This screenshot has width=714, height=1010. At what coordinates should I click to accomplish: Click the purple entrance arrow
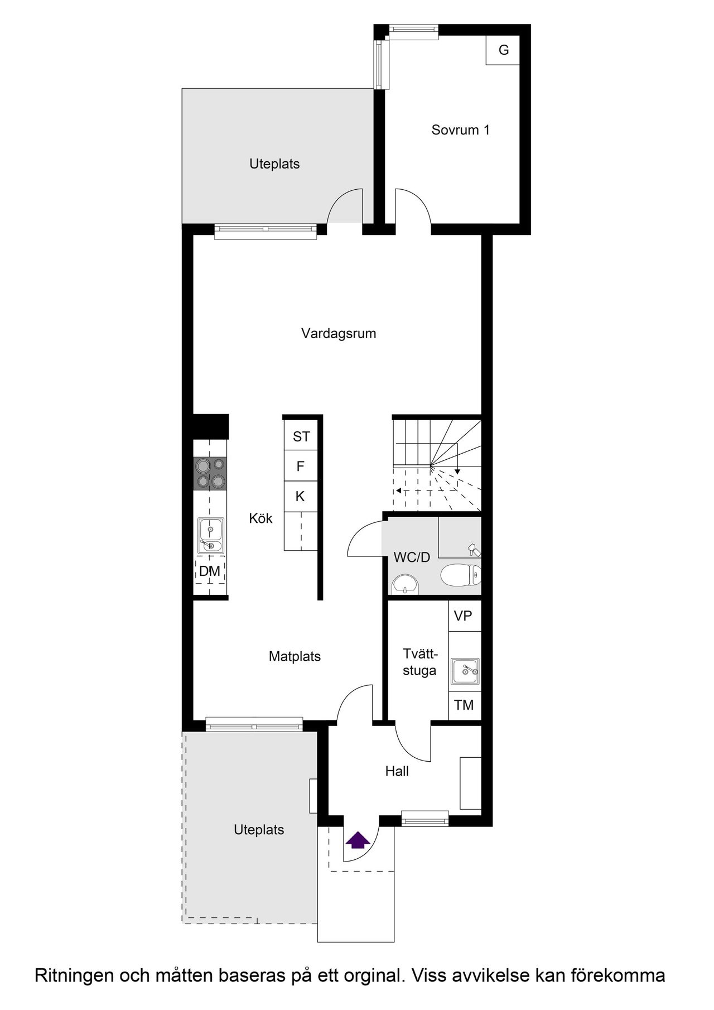358,840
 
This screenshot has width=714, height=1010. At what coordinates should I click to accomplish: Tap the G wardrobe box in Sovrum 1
503,50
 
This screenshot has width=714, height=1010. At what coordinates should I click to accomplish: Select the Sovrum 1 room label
460,130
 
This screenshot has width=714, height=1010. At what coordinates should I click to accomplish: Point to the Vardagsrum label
339,333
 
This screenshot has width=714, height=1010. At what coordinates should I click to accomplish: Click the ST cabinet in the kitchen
301,436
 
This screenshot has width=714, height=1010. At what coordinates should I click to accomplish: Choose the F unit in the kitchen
301,466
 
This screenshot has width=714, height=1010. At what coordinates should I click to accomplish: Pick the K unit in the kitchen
301,496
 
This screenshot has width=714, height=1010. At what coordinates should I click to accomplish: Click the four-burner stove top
210,474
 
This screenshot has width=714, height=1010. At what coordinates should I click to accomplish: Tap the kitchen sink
211,536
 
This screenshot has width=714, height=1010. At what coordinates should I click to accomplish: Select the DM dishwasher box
210,570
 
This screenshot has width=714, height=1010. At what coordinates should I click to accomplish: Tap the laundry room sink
465,671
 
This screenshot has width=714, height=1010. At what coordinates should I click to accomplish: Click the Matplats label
295,656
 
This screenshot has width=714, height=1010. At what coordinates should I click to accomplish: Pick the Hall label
397,771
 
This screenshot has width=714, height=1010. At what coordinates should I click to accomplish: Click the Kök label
260,518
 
